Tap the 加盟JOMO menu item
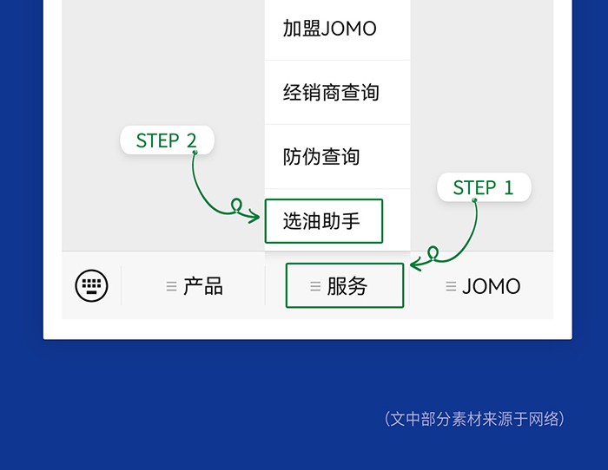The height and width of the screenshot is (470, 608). click(x=330, y=29)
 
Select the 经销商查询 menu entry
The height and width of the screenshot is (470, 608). click(x=331, y=93)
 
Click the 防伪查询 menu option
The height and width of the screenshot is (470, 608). click(x=321, y=157)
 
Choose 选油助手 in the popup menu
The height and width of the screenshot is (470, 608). click(x=323, y=221)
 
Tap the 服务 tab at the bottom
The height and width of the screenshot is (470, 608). click(x=345, y=286)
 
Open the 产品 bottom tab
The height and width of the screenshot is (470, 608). click(x=195, y=286)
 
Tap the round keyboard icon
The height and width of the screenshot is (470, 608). click(x=91, y=285)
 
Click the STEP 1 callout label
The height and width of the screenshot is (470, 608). click(x=483, y=187)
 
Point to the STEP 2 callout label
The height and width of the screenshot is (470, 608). click(x=166, y=140)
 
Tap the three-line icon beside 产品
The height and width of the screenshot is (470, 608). click(x=171, y=286)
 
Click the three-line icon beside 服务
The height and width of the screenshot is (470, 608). click(x=315, y=286)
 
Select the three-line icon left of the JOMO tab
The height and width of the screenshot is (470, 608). click(x=451, y=286)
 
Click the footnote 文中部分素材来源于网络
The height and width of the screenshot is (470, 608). click(x=474, y=419)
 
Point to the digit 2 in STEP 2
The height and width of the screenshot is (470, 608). click(x=191, y=140)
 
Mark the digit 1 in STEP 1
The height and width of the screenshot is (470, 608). click(x=509, y=187)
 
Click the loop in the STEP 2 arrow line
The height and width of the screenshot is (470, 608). click(x=235, y=206)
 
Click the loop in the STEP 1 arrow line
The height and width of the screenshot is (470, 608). click(x=433, y=252)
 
